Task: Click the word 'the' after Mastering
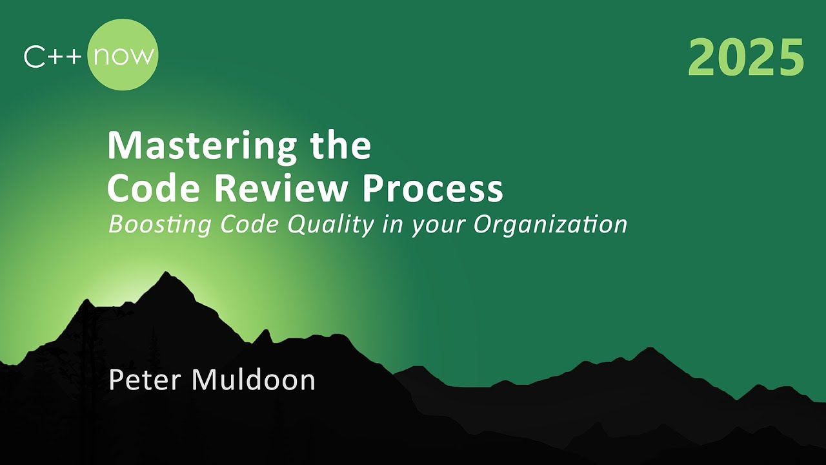pos(340,146)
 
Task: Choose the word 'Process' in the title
pos(432,189)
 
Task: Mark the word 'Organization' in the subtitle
pos(550,225)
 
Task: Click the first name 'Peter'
pos(146,380)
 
